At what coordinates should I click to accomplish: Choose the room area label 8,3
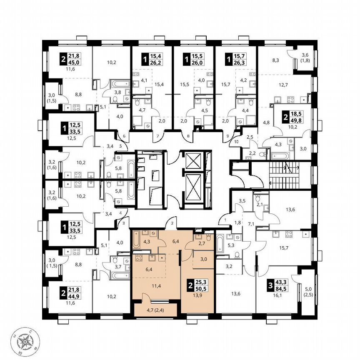(x=275, y=60)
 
